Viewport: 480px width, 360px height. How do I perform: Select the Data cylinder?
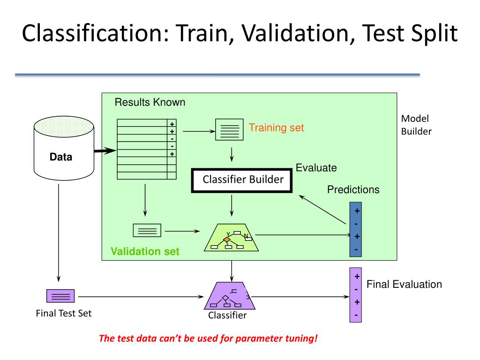(x=61, y=150)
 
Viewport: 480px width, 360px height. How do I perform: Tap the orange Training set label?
(x=276, y=127)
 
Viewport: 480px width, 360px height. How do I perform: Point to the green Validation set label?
(x=145, y=252)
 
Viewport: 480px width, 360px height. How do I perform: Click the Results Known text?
(x=150, y=102)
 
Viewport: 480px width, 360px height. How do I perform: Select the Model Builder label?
(x=416, y=125)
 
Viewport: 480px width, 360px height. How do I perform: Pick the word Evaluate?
(x=316, y=167)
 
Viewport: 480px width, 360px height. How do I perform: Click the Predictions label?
(x=353, y=190)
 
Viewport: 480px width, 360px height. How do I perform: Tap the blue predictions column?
(x=356, y=229)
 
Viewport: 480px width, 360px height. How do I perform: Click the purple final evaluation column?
(x=356, y=295)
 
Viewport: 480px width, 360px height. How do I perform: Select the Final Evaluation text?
(x=404, y=284)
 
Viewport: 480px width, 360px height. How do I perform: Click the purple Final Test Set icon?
(x=60, y=296)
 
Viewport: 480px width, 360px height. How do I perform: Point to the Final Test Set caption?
(x=64, y=314)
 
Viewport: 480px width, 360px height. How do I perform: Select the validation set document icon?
(x=147, y=230)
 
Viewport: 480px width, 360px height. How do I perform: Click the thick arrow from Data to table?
(x=104, y=150)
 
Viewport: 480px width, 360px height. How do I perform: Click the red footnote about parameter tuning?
(x=208, y=338)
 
